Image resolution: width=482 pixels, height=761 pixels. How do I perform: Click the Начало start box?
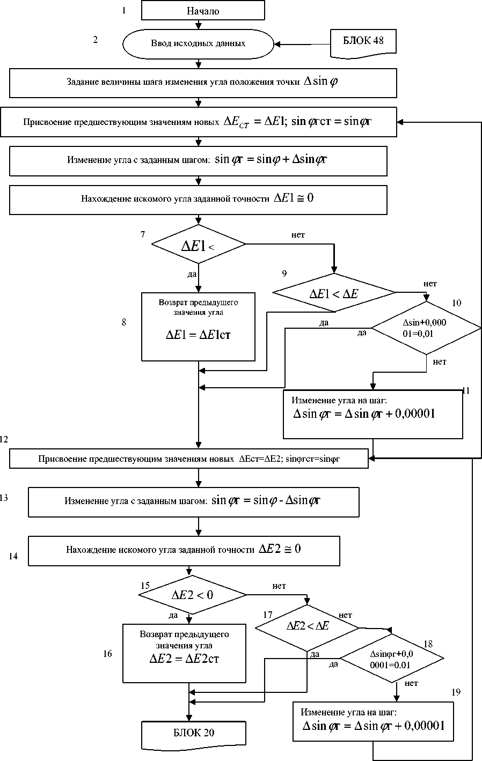tap(203, 11)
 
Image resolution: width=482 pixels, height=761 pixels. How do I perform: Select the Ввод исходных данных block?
tap(198, 43)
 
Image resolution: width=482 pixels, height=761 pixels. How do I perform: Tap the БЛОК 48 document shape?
tap(363, 42)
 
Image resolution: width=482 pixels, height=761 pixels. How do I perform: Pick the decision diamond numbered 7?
tap(199, 245)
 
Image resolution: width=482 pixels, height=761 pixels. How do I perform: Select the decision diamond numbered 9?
tap(334, 293)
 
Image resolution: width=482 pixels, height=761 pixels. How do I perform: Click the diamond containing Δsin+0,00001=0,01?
tap(426, 328)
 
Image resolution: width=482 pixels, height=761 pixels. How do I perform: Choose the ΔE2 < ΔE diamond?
tap(307, 626)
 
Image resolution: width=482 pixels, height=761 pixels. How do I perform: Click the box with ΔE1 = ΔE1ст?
tap(198, 327)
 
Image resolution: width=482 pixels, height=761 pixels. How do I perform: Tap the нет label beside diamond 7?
tap(298, 235)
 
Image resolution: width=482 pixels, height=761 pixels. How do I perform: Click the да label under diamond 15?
tap(173, 615)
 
